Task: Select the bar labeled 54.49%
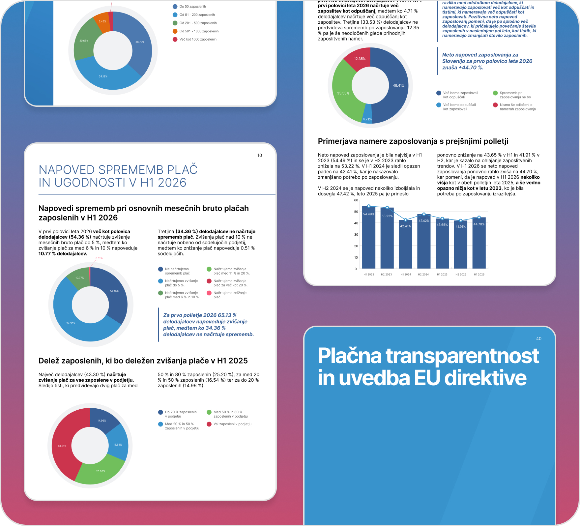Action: tap(368, 237)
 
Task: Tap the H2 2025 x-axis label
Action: tap(461, 275)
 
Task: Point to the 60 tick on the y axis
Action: tap(356, 200)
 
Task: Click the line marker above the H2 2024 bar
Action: tap(424, 214)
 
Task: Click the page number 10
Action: tap(260, 156)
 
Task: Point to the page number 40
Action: tap(539, 339)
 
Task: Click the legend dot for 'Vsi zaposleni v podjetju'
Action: tap(209, 424)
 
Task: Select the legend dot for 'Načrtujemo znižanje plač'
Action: tap(209, 293)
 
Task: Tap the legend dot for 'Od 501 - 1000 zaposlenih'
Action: tap(175, 31)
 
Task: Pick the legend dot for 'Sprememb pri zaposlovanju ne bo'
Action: tap(495, 93)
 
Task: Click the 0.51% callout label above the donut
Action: tap(99, 258)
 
